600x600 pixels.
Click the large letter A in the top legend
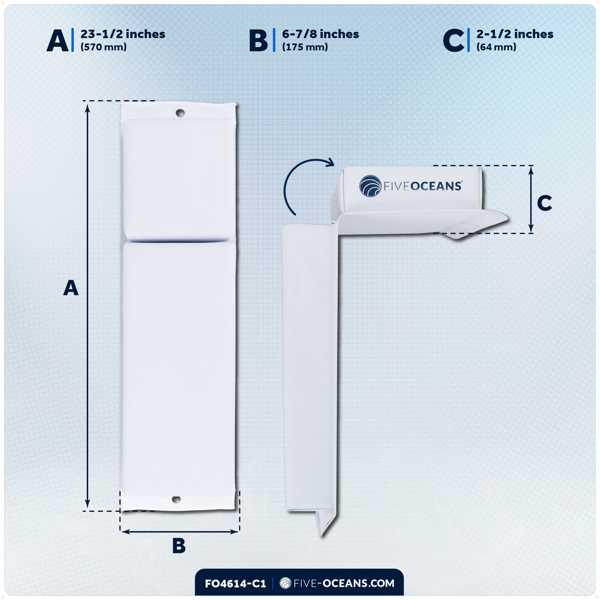(57, 41)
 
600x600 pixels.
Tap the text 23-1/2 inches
(123, 34)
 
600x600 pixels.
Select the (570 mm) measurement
(103, 47)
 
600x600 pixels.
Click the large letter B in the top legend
(258, 41)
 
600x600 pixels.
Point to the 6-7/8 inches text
(320, 34)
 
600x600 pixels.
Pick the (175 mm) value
(305, 47)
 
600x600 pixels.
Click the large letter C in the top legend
(454, 41)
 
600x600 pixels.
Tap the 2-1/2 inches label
(515, 34)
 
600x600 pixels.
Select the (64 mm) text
(496, 47)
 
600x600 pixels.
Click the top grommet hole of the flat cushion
(180, 113)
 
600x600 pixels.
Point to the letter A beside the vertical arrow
(71, 288)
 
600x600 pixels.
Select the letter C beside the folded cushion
(545, 203)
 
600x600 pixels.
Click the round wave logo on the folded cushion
(370, 186)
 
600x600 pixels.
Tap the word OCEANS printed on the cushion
(436, 186)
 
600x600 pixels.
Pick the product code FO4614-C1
(235, 584)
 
